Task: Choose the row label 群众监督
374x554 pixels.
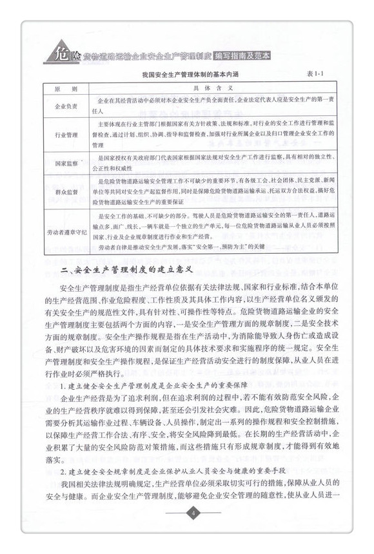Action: point(63,192)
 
